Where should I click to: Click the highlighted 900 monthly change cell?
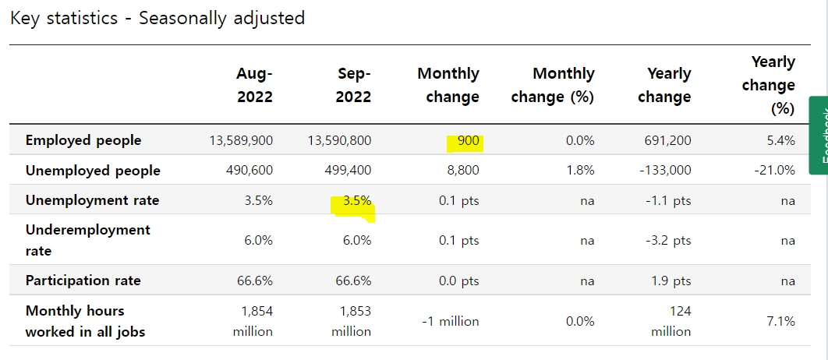(469, 141)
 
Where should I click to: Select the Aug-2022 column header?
(254, 85)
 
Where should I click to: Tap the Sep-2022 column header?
(353, 85)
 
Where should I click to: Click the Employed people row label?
(83, 140)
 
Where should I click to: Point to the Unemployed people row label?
(93, 171)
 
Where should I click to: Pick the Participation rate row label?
(83, 281)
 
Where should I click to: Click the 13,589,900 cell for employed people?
(241, 140)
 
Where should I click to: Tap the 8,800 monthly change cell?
(463, 171)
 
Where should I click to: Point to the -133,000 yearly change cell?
(665, 171)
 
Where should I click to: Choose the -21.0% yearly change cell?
(776, 171)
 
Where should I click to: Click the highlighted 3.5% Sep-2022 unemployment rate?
(357, 200)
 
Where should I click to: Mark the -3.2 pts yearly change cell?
(668, 241)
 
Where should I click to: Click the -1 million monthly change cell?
(451, 321)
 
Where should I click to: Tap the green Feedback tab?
(819, 135)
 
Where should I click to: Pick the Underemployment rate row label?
(87, 240)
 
